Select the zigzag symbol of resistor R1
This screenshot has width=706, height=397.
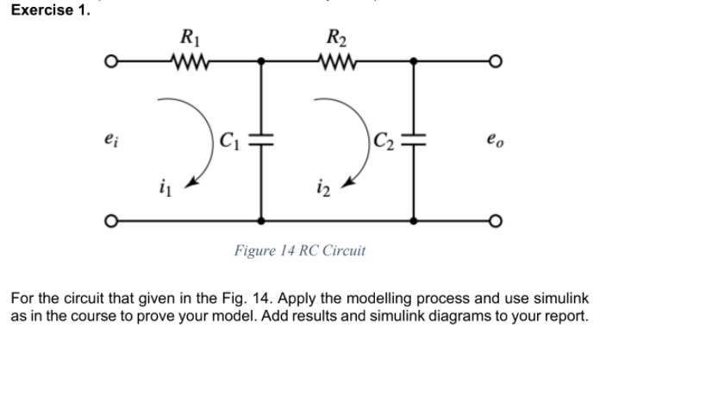point(187,62)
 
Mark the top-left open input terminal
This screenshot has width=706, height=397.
point(110,62)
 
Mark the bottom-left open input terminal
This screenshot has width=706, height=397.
point(110,221)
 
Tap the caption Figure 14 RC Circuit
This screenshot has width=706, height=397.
point(299,251)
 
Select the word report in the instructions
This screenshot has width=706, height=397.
point(565,315)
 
